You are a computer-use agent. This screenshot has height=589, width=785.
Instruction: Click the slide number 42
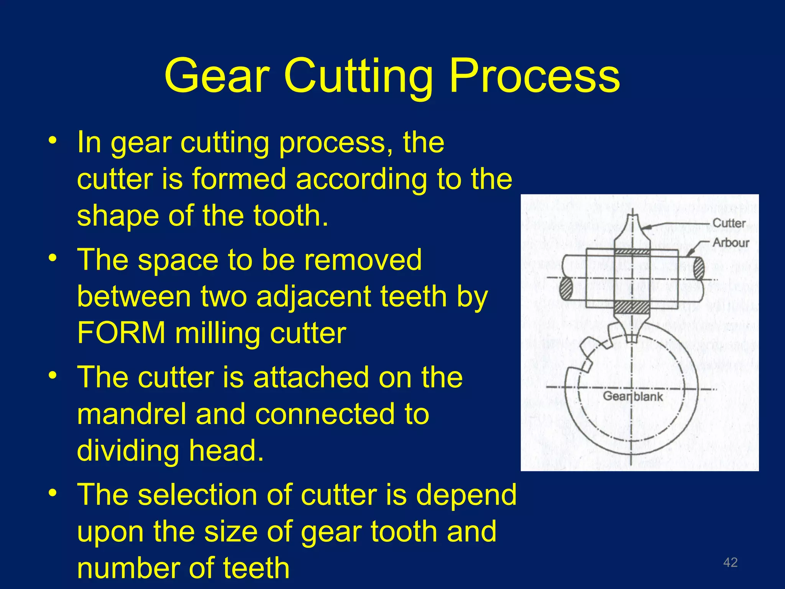(730, 562)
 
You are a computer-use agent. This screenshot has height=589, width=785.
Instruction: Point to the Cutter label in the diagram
(729, 223)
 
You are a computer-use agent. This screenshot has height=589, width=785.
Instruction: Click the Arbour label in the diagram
(731, 242)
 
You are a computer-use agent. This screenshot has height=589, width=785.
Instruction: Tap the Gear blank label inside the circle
(633, 396)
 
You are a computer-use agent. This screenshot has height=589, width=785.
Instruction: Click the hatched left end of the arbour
(566, 288)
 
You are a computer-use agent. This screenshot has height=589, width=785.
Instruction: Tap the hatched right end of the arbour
(699, 267)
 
